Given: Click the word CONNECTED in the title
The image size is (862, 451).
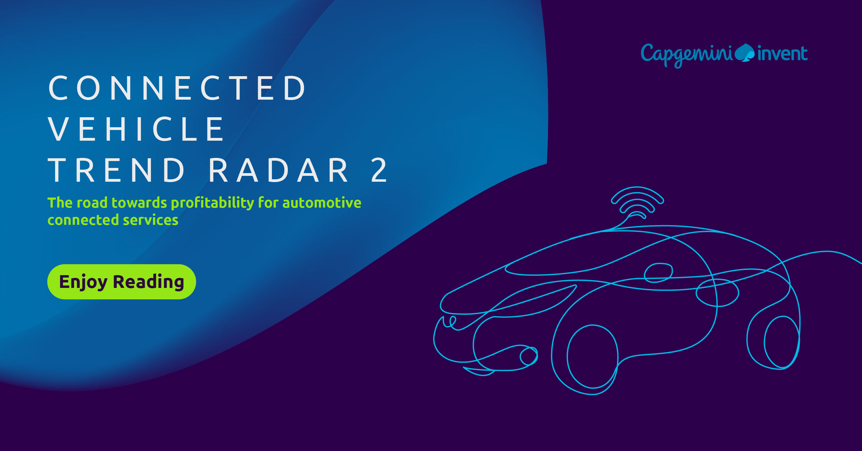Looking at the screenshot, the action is tap(177, 88).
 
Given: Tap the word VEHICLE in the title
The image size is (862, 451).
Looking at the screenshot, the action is tap(136, 129).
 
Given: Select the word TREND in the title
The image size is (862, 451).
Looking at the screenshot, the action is tap(116, 170).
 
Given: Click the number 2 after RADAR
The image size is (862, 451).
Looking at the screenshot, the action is tap(379, 170).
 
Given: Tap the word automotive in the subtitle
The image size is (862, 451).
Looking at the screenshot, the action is tap(322, 203).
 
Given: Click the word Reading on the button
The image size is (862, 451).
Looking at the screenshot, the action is tap(149, 282).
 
